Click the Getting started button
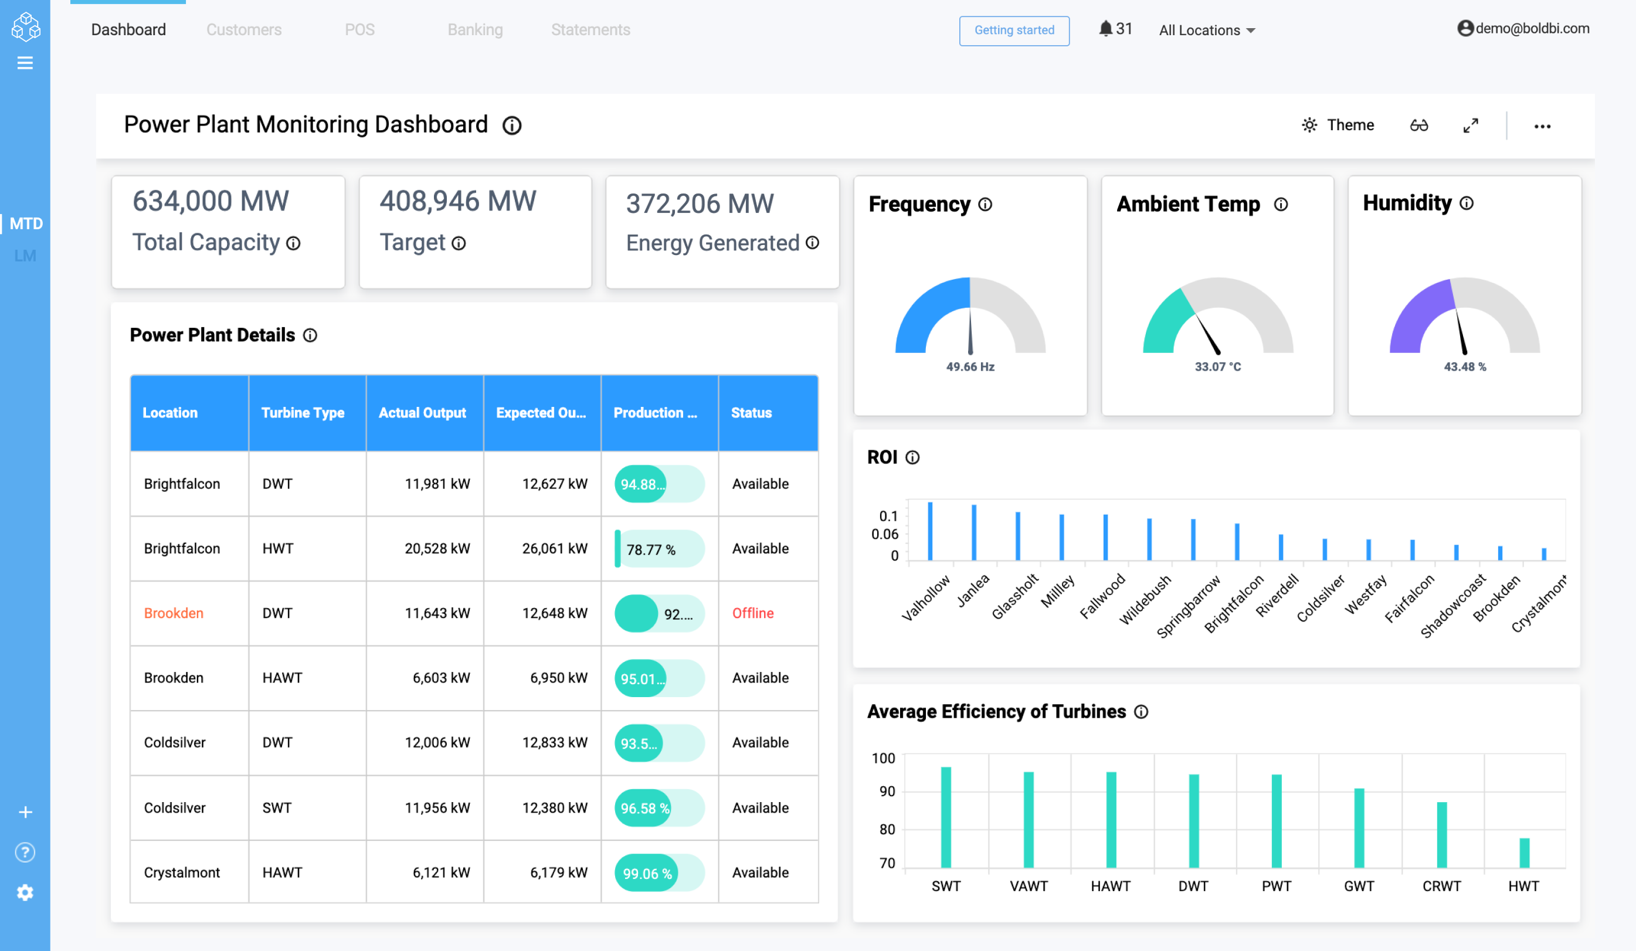[1014, 30]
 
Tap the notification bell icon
[1105, 29]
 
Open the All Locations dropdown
[1207, 30]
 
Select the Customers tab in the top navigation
[243, 30]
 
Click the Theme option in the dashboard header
[1338, 125]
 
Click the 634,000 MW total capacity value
[211, 201]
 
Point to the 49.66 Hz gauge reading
[970, 367]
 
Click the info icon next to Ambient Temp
[1280, 205]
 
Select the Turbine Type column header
[303, 413]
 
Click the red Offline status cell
[752, 613]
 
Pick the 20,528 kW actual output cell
[437, 549]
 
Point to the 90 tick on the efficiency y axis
[887, 792]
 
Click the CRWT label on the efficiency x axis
[1441, 886]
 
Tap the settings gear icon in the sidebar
[25, 892]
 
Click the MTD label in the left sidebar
[26, 223]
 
